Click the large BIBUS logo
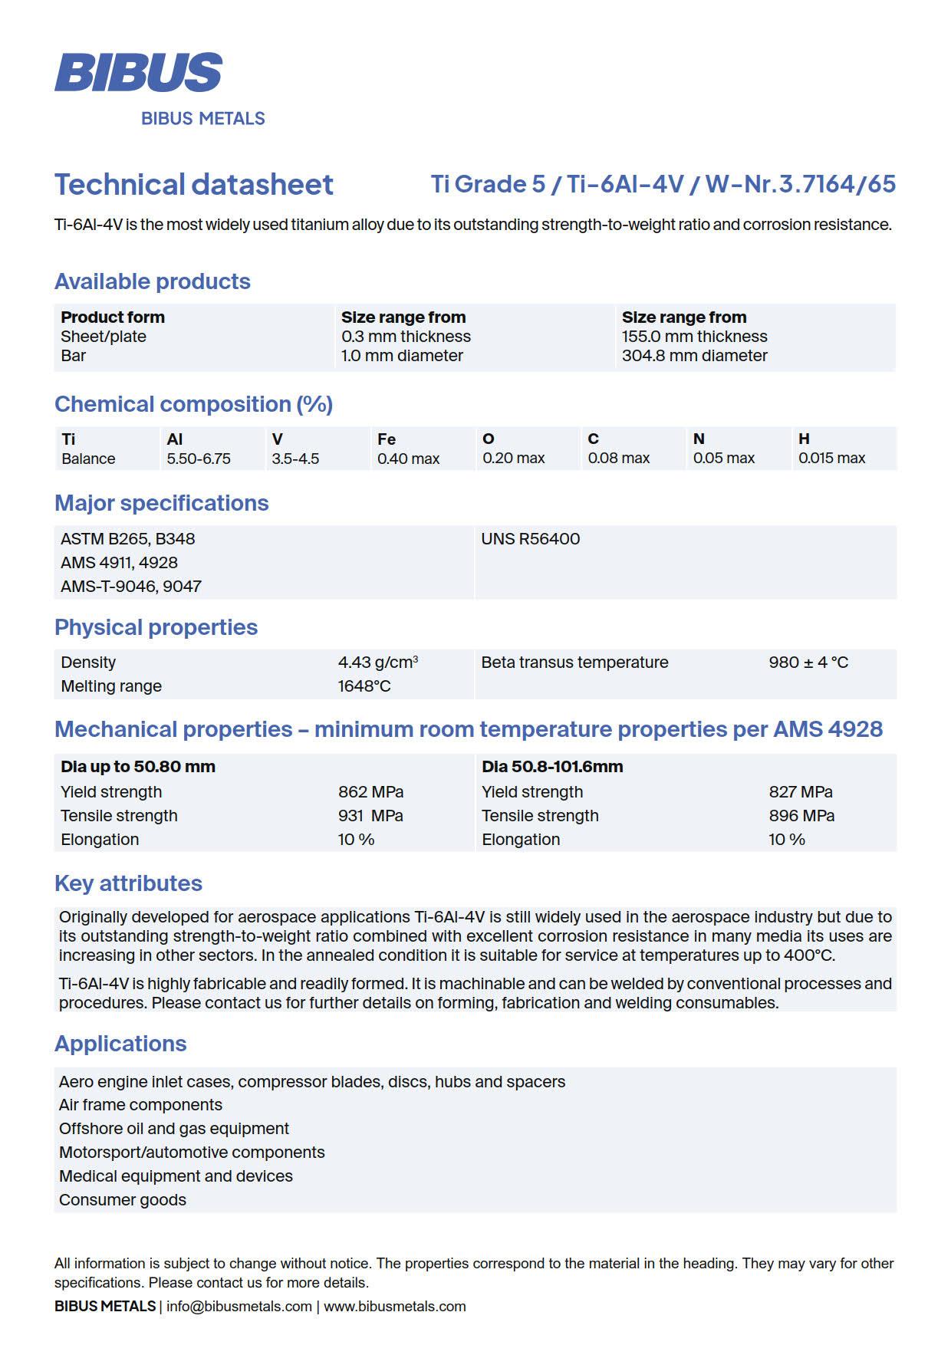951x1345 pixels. (138, 72)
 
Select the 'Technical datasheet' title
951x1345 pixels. (193, 185)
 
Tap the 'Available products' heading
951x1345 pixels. (152, 281)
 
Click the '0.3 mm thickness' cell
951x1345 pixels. (406, 337)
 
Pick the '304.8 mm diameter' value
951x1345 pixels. (694, 356)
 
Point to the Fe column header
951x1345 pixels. (386, 439)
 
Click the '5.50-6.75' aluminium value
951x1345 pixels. (198, 459)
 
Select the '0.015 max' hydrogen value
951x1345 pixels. (831, 459)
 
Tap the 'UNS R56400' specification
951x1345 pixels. (530, 539)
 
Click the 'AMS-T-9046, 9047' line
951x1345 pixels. (131, 587)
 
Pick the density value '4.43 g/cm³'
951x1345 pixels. (377, 663)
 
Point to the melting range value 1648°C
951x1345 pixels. (364, 686)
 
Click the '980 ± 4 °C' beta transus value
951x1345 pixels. (808, 663)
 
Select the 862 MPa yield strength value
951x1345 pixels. (370, 792)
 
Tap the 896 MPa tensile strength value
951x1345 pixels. (801, 816)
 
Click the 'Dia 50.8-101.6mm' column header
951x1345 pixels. (552, 767)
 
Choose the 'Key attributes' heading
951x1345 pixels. (128, 883)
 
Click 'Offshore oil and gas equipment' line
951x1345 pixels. (174, 1129)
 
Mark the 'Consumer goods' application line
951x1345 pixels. (123, 1200)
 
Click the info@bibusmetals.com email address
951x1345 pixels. (239, 1307)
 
